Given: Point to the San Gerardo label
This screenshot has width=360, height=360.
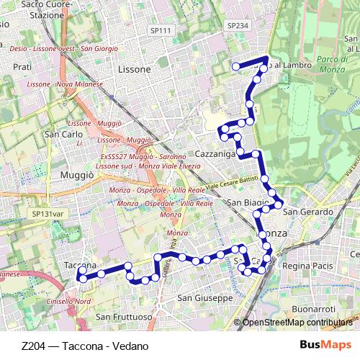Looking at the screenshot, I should pos(307,212).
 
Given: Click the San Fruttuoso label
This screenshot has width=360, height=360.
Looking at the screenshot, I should pos(123,317).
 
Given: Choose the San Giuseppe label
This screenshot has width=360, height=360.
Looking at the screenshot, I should pos(204,297).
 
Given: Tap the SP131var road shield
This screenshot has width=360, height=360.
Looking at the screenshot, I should pos(48,214).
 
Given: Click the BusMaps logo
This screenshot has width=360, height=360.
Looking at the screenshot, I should pos(325,345).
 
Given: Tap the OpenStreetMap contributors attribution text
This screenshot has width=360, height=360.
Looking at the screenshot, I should pos(298,323).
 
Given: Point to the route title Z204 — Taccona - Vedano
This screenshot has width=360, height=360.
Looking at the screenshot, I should pos(85,346).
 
